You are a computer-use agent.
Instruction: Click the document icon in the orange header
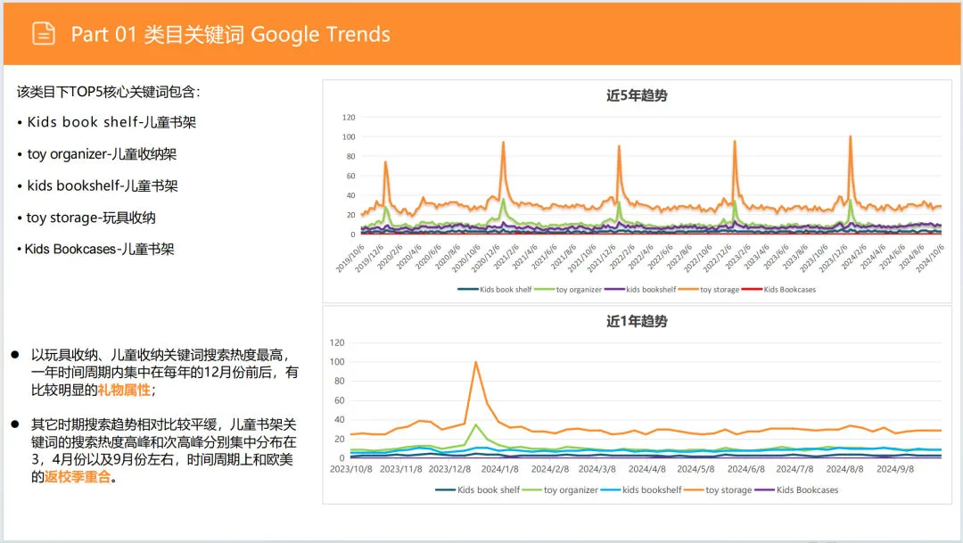point(44,34)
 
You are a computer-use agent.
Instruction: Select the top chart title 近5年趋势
point(637,95)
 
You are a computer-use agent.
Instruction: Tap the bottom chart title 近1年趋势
point(637,321)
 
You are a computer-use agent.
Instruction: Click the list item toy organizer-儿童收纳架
point(102,154)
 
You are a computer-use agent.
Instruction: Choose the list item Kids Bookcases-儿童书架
point(100,249)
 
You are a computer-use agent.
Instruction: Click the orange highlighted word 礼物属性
point(124,390)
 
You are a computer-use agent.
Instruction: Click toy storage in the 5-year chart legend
point(719,290)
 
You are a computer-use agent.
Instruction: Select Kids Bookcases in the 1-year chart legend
point(808,490)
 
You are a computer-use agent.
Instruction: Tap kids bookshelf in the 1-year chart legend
point(652,490)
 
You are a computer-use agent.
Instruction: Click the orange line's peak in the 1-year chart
point(476,361)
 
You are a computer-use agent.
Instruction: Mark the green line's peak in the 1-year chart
point(476,424)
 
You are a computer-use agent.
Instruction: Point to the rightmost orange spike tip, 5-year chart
point(850,136)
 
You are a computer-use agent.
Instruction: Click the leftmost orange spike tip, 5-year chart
point(385,162)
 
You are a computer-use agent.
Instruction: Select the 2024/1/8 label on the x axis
point(499,469)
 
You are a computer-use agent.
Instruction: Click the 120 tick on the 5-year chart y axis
point(349,117)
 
